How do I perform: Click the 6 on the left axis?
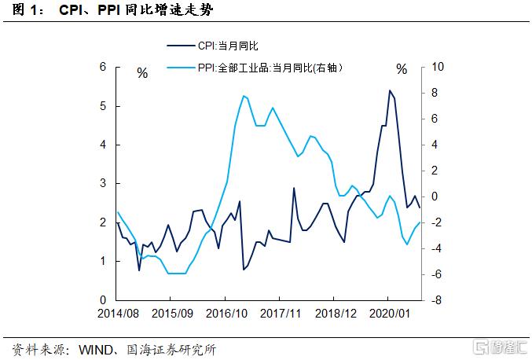pyautogui.click(x=103, y=67)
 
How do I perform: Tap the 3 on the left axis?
pyautogui.click(x=103, y=183)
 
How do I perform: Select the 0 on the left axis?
pyautogui.click(x=103, y=300)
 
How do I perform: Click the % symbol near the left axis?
pyautogui.click(x=142, y=72)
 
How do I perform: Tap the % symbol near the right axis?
pyautogui.click(x=402, y=69)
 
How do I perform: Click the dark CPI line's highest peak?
pyautogui.click(x=389, y=90)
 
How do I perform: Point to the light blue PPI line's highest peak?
pyautogui.click(x=244, y=96)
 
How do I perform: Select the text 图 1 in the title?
pyautogui.click(x=24, y=11)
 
